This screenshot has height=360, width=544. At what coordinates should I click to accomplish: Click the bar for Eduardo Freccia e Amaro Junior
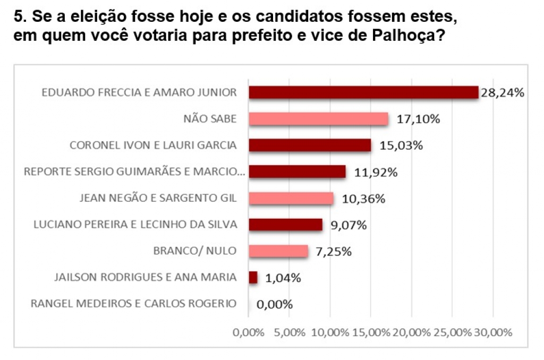(363, 92)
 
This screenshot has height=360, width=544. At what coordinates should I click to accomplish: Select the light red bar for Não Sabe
(319, 119)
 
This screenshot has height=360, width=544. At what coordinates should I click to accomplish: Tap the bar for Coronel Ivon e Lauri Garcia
(310, 145)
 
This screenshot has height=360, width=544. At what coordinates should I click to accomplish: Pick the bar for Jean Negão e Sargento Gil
(291, 199)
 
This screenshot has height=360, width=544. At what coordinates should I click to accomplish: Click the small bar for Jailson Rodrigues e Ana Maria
(253, 278)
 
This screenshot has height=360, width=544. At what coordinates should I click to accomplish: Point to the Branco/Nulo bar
(278, 251)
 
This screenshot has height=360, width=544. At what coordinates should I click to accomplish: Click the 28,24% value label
(503, 92)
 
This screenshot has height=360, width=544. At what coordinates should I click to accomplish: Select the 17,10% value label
(419, 119)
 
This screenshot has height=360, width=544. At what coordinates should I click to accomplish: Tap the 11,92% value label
(376, 173)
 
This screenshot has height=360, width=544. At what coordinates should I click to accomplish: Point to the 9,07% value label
(348, 226)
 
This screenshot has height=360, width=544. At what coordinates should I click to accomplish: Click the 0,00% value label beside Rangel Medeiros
(275, 304)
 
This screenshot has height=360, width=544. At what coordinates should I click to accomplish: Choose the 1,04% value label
(283, 278)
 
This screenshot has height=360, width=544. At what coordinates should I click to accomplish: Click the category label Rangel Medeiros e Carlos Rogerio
(133, 304)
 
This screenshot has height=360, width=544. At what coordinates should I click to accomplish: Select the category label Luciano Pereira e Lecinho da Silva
(135, 225)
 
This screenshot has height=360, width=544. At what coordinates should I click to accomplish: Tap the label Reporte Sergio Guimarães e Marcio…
(134, 172)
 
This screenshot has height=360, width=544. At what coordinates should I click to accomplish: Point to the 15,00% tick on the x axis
(371, 332)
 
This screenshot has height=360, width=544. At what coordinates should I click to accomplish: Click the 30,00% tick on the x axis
(493, 332)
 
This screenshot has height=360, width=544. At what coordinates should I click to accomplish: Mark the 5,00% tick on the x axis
(290, 332)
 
